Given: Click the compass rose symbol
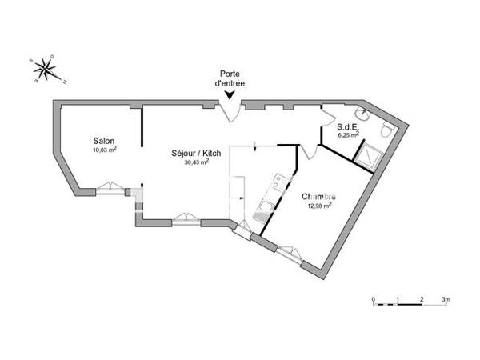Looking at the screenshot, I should tap(46, 70).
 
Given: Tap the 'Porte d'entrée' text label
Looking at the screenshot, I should tap(230, 78).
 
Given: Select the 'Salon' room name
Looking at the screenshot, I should tap(103, 141).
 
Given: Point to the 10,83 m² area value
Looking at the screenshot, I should tap(104, 150).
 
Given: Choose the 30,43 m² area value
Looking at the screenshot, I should tap(196, 162).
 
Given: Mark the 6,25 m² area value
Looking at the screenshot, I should tap(349, 135).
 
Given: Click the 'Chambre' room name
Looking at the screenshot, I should tap(318, 196).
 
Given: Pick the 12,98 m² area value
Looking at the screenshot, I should tap(319, 205).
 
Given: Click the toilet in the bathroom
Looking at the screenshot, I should tap(386, 130).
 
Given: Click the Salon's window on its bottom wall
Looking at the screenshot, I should tap(109, 190).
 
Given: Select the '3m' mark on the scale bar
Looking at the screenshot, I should tap(446, 299).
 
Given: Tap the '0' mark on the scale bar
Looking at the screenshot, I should tap(374, 299).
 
